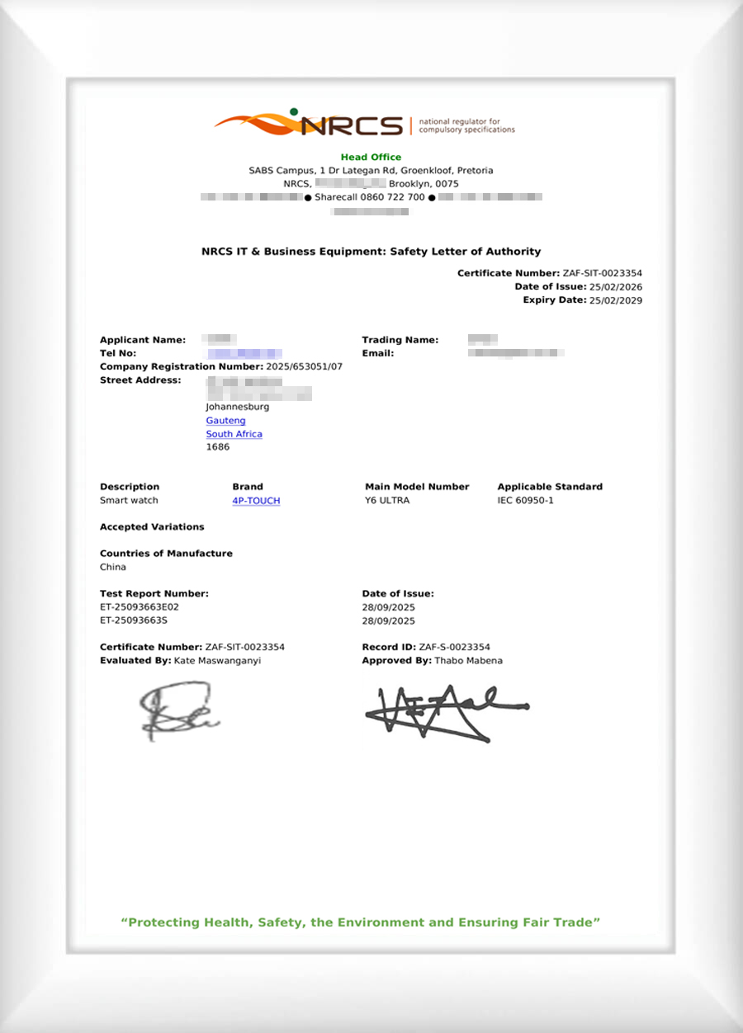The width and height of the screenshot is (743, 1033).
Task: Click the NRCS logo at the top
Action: point(363,125)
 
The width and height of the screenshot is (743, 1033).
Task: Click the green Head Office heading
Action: point(371,157)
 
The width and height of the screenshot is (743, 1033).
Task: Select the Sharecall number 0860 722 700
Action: point(370,197)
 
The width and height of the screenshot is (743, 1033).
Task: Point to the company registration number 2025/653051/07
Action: point(304,366)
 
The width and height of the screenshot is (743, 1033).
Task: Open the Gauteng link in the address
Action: point(225,421)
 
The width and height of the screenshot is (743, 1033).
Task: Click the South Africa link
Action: point(234,434)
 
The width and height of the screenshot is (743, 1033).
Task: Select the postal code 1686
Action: point(217,447)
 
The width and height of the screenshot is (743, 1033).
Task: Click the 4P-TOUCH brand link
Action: point(256,501)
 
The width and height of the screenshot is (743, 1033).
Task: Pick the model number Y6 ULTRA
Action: point(387,501)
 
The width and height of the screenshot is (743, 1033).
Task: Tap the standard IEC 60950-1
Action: point(525,501)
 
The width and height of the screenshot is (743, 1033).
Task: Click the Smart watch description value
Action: point(129,501)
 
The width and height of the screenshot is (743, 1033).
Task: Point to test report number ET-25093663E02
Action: point(139,607)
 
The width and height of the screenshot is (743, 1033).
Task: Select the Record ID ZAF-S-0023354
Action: point(455,648)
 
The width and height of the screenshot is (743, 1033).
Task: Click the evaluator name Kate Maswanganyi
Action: point(217,661)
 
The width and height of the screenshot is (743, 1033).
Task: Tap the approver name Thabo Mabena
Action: point(468,661)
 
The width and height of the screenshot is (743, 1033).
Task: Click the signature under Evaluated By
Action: point(177,710)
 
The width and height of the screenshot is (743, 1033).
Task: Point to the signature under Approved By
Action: point(444,711)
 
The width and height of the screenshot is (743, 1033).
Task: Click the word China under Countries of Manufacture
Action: point(113,568)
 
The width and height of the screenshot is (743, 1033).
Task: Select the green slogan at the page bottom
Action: point(361,922)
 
